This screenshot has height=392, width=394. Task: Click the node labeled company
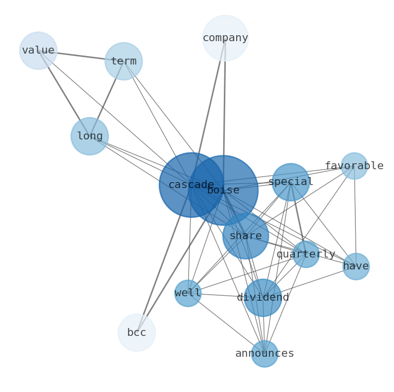(225, 38)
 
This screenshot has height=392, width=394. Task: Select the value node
(38, 51)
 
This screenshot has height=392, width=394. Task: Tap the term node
(124, 62)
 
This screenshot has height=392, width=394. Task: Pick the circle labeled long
(89, 136)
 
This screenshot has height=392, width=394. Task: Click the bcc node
(136, 332)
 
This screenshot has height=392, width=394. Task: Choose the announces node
(264, 354)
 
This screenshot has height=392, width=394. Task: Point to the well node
(188, 293)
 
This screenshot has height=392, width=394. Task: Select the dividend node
(263, 298)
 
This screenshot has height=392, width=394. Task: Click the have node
(356, 266)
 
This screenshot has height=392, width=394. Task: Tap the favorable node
(354, 166)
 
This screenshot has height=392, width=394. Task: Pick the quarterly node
(306, 254)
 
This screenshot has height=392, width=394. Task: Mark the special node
(291, 182)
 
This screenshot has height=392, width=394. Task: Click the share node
(246, 236)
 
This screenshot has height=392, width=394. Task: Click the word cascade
(191, 185)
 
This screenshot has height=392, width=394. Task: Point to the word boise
(223, 190)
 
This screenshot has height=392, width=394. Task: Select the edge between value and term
(81, 56)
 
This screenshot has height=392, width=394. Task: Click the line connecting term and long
(107, 99)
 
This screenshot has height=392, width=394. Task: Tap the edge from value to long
(64, 93)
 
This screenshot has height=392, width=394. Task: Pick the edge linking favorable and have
(355, 216)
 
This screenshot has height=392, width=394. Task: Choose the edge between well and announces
(226, 323)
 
